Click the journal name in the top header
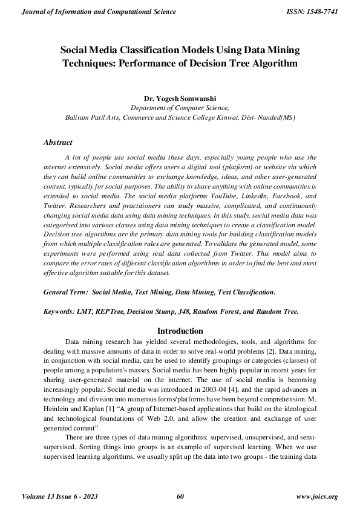coord(99,12)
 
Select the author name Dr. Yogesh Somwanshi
coord(180,97)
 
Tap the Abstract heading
coord(58,143)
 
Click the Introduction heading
coord(180,331)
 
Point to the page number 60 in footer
coord(180,496)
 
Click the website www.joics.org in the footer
coord(316,496)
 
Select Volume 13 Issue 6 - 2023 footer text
coord(60,496)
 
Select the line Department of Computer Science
coord(180,107)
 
